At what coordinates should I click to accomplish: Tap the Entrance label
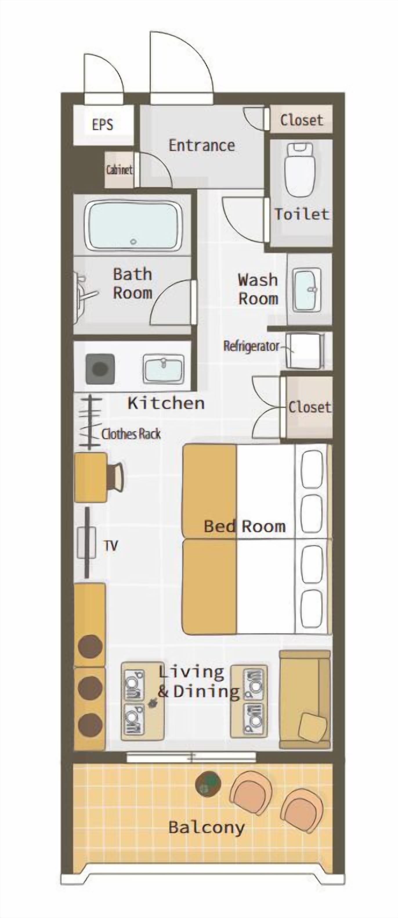[x=202, y=145]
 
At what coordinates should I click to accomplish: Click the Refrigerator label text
[x=251, y=346]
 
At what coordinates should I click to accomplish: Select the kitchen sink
[x=164, y=369]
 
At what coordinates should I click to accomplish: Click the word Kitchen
[x=166, y=403]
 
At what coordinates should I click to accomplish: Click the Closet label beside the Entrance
[x=301, y=120]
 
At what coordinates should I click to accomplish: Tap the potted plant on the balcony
[x=208, y=783]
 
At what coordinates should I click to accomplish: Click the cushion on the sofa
[x=312, y=726]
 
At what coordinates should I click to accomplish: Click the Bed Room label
[x=245, y=526]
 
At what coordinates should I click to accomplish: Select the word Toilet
[x=301, y=214]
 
